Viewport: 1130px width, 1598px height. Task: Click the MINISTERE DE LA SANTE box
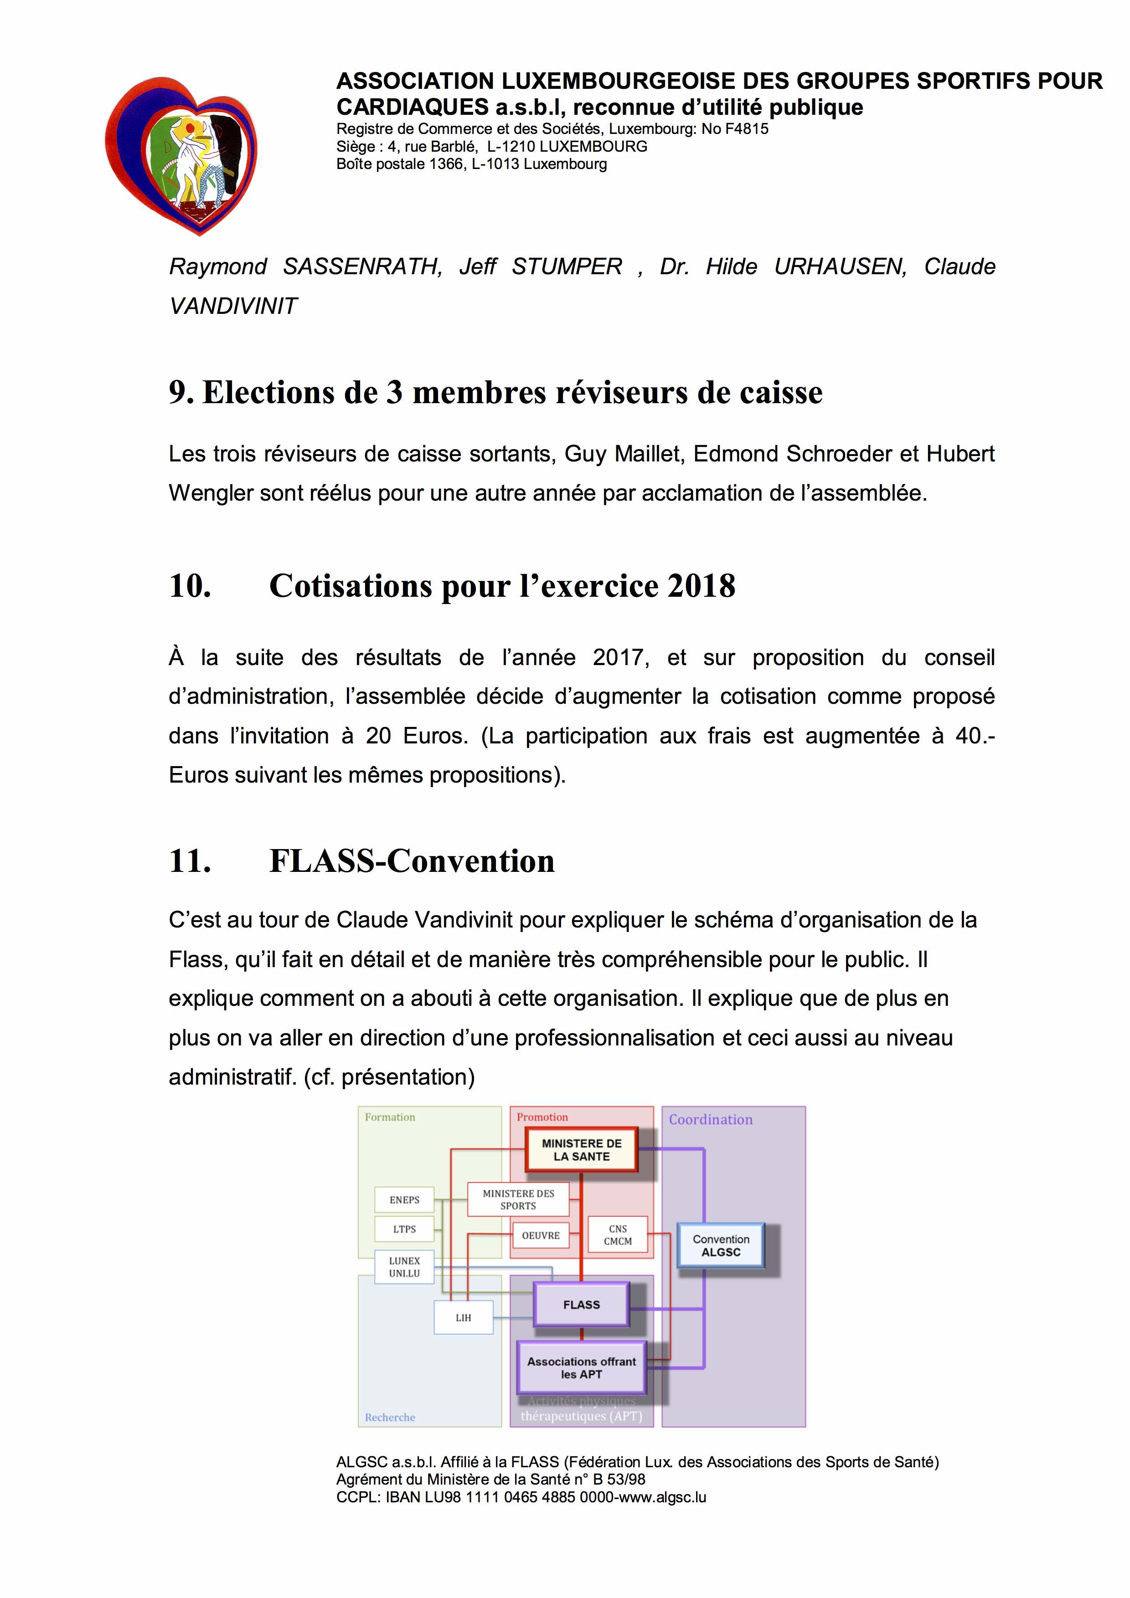pos(581,1150)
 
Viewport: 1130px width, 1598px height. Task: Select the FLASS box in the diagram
pos(581,1304)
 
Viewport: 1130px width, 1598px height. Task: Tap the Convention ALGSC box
pos(721,1245)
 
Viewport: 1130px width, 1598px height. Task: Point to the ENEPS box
pos(404,1200)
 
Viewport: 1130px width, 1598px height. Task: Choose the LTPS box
pos(404,1229)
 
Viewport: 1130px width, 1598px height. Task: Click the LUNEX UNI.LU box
pos(404,1267)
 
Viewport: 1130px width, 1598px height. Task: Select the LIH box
pos(464,1317)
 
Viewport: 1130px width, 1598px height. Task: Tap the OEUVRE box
pos(541,1235)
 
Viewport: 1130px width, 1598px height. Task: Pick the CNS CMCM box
pos(618,1234)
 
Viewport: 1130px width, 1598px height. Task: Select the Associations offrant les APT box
pos(581,1368)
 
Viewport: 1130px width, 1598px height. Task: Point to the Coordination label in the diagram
pos(710,1120)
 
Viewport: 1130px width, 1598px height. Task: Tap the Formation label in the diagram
pos(390,1117)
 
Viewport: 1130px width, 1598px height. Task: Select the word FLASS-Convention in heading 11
pos(412,861)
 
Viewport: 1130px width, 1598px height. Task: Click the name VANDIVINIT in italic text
pos(233,306)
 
